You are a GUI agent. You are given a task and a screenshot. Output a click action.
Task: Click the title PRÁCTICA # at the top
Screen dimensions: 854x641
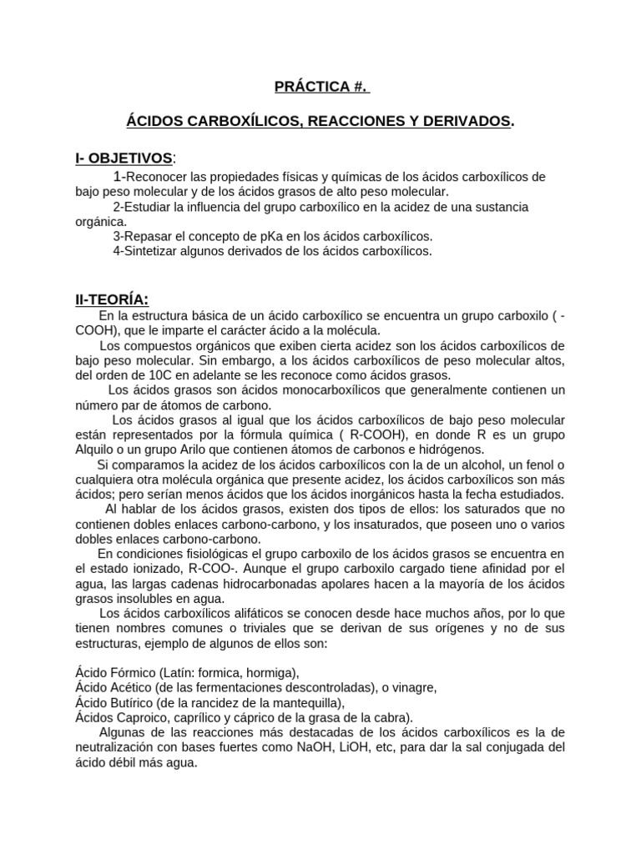coord(320,86)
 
